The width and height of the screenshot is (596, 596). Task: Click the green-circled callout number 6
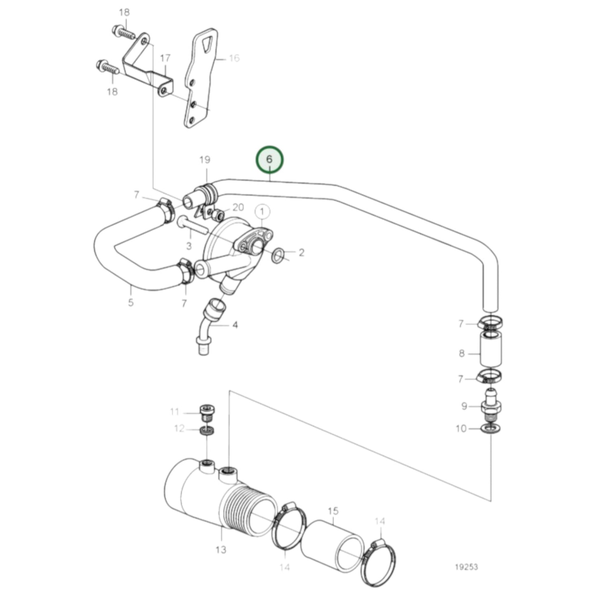click(269, 159)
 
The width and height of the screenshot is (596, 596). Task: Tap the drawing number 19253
click(466, 567)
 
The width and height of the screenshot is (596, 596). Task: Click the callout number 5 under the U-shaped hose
click(131, 302)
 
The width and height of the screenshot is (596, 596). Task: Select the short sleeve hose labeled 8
click(491, 350)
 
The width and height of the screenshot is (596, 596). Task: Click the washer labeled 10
click(490, 429)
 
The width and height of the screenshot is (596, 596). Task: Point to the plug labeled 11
click(207, 412)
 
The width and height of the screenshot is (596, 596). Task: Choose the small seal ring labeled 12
click(207, 431)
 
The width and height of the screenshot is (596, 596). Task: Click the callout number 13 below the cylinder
click(221, 549)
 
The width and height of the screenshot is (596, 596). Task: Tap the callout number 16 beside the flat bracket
click(234, 58)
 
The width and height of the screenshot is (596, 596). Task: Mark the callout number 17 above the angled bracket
click(165, 58)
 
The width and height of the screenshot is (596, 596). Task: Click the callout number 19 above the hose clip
click(205, 160)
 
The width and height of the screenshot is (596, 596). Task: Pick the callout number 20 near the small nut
click(238, 207)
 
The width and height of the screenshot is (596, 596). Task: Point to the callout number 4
click(235, 325)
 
